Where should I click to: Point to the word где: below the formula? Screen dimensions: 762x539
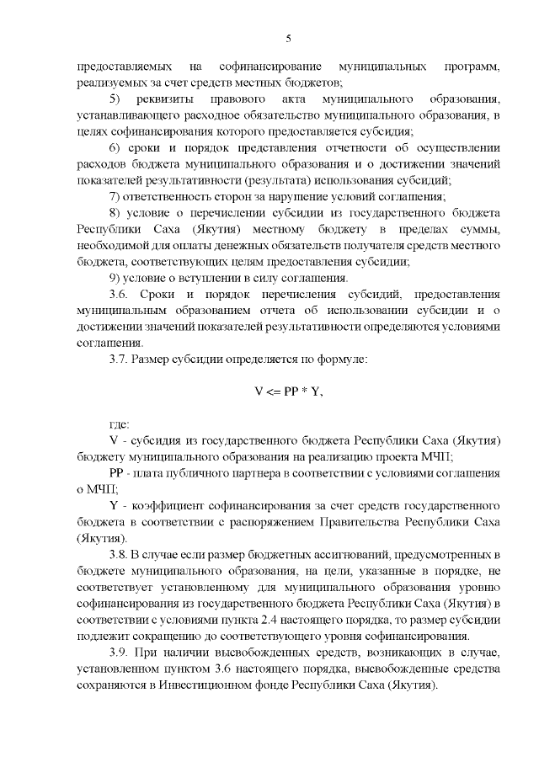120,425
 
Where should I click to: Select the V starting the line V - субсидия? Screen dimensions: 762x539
113,441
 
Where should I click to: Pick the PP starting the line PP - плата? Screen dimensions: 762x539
116,474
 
